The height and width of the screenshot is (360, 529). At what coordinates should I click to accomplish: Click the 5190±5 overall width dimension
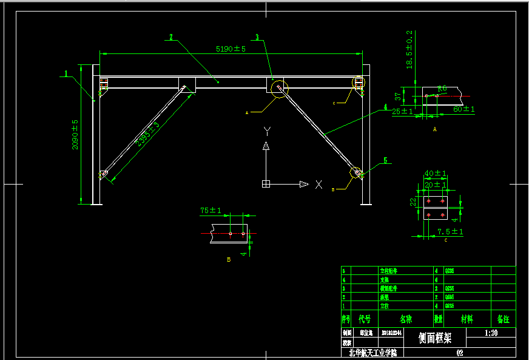click(231, 49)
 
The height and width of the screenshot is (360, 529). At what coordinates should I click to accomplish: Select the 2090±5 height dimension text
click(75, 134)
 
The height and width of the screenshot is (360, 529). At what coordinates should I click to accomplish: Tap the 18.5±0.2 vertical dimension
click(409, 50)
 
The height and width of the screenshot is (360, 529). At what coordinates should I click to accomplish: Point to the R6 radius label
click(442, 88)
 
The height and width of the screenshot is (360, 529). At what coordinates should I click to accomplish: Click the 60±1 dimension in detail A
click(464, 109)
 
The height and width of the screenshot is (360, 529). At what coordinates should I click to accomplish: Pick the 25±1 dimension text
click(402, 111)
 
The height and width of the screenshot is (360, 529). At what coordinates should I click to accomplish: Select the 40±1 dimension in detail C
click(435, 173)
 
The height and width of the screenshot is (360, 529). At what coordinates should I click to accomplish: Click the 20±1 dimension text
click(435, 184)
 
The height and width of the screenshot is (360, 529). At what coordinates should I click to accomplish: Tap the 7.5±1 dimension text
click(450, 231)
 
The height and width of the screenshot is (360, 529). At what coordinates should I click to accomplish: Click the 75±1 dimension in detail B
click(211, 211)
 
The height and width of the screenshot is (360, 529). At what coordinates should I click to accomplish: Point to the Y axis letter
click(266, 131)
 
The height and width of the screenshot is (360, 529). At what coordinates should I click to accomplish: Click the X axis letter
click(318, 185)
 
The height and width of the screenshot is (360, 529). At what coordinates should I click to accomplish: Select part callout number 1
click(65, 74)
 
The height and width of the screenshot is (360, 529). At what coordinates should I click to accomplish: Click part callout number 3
click(257, 37)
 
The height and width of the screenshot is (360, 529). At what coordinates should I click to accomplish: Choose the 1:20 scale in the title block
click(491, 333)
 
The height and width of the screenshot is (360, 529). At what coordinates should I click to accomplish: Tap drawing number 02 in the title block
click(459, 352)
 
